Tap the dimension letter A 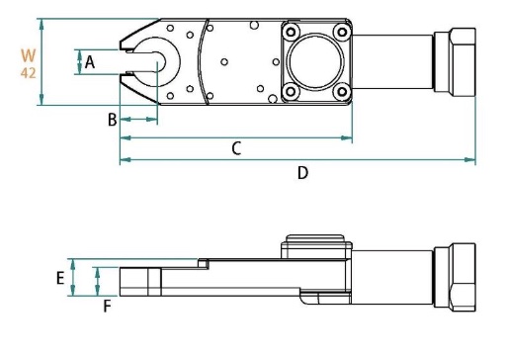89,61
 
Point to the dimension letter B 112,120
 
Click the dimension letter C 236,148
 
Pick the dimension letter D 302,172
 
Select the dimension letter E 60,279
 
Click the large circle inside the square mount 315,60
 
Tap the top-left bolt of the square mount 291,30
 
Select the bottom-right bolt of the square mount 341,92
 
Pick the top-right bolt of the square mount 341,30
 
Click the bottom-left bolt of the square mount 291,92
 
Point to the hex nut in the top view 458,60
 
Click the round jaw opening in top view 158,61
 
